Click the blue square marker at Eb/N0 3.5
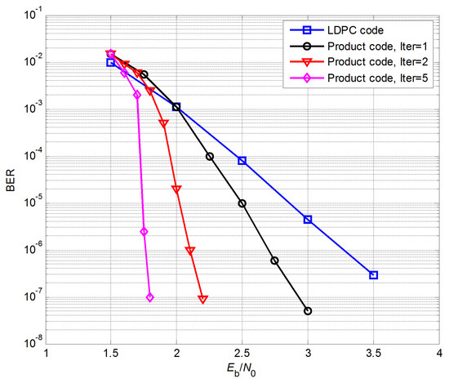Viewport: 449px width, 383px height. point(373,275)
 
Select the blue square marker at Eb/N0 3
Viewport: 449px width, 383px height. point(308,219)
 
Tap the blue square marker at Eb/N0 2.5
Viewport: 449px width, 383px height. point(242,161)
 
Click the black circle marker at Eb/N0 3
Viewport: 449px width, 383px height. point(308,311)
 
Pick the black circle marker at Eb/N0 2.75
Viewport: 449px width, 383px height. point(275,261)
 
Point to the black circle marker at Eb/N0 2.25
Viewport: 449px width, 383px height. point(210,156)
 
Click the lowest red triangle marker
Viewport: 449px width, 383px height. point(202,299)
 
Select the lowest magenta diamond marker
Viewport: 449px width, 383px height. point(150,297)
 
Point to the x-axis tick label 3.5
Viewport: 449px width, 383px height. point(373,354)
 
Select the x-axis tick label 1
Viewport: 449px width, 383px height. point(47,354)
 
